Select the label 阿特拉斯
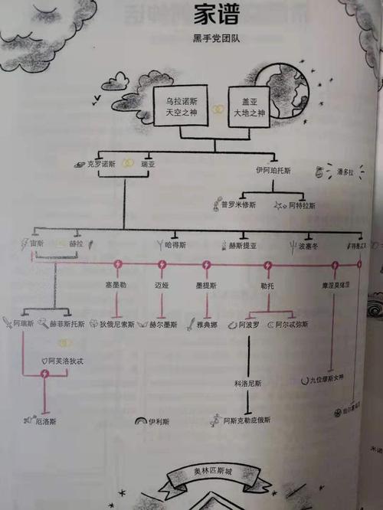click(296, 206)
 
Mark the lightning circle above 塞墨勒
click(118, 266)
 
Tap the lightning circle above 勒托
click(267, 266)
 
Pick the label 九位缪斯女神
click(323, 378)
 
